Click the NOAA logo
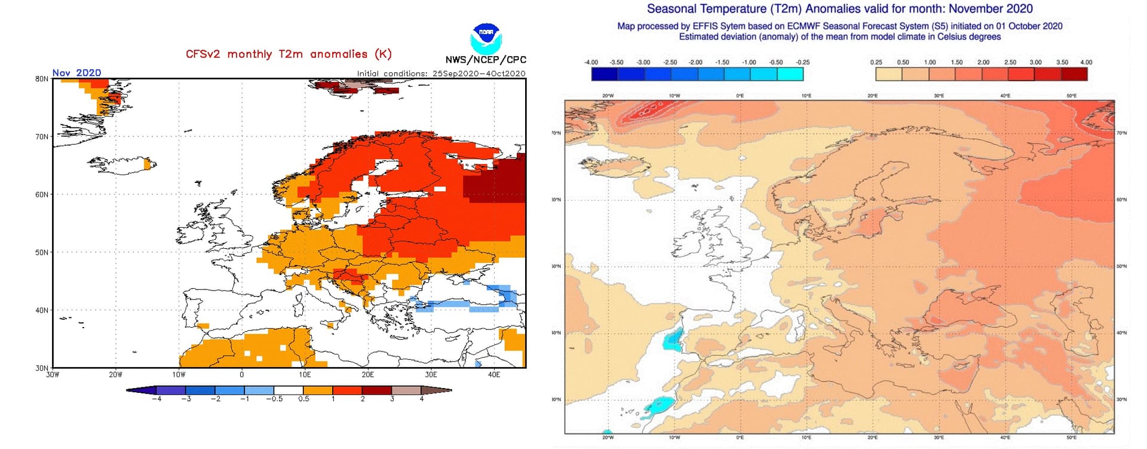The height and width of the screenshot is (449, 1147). click(x=486, y=38)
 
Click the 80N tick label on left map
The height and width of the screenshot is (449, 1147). click(x=42, y=79)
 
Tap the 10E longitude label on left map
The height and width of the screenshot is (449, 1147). click(x=305, y=375)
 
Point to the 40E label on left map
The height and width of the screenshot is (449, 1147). click(x=494, y=375)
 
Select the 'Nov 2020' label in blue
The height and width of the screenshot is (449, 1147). click(x=76, y=73)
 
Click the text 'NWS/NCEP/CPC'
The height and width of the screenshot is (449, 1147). click(x=486, y=60)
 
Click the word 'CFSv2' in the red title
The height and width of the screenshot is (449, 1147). click(x=203, y=54)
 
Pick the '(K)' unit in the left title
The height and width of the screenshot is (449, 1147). click(x=383, y=54)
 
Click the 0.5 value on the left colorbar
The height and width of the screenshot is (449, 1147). click(x=304, y=399)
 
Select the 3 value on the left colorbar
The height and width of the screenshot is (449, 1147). click(x=392, y=399)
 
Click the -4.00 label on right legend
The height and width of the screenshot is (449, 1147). click(x=591, y=62)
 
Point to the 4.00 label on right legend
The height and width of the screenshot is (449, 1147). click(x=1086, y=62)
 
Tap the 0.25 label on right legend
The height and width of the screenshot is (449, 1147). click(x=876, y=62)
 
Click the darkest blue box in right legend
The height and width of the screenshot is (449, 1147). click(x=604, y=74)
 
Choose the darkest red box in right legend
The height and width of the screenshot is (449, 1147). click(x=1074, y=74)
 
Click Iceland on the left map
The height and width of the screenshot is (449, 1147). click(x=122, y=164)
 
